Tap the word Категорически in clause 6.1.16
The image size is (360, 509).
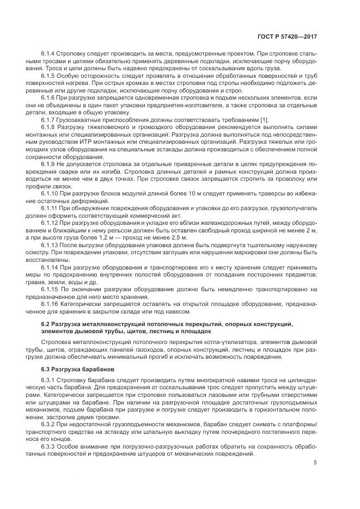[x=80, y=304]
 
